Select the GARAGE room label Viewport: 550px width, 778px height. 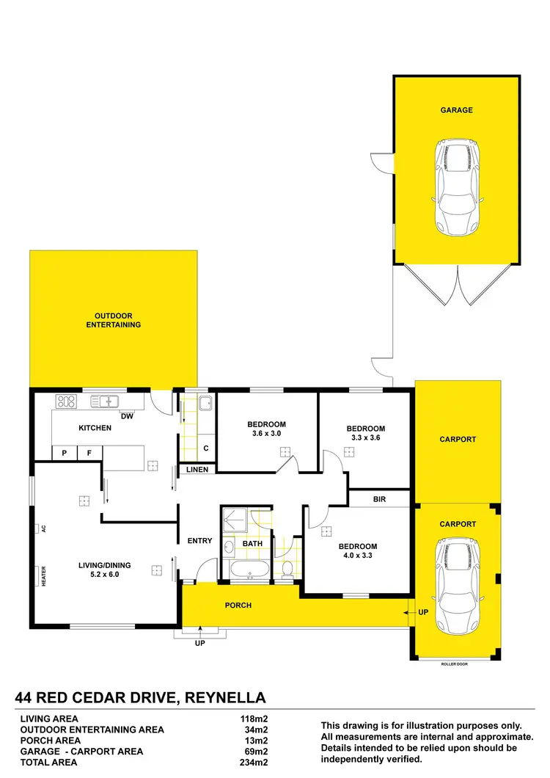coord(456,110)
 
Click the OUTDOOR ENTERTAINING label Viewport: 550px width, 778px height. coord(113,320)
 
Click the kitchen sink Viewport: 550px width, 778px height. coord(105,401)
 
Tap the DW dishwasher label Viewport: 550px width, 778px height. coord(127,417)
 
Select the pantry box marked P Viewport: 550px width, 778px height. coord(65,454)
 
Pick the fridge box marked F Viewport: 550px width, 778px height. coord(89,454)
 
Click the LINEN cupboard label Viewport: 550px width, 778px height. coord(197,470)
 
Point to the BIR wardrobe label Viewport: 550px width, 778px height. coord(379,499)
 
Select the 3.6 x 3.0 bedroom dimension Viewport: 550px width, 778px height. coord(266,434)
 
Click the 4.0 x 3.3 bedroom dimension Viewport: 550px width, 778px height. coord(358,556)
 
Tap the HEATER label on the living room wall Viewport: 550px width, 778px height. coord(44,577)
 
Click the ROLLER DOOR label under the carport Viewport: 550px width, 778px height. coord(454,664)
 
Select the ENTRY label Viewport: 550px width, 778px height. coord(199,541)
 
